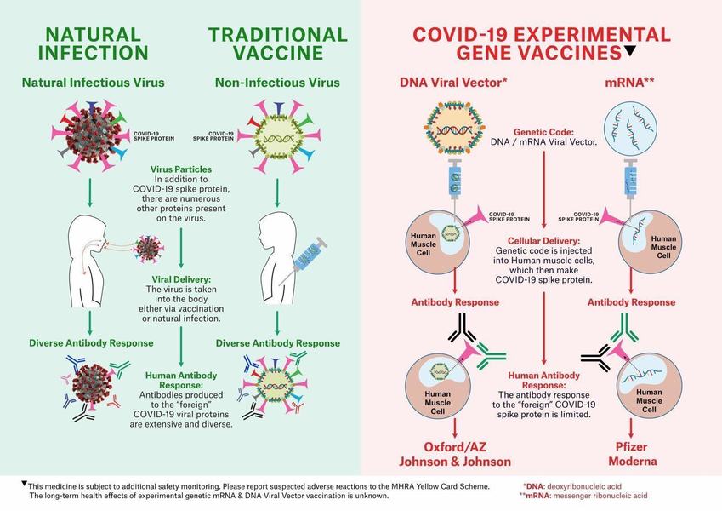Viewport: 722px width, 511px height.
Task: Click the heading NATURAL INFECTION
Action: coord(93,43)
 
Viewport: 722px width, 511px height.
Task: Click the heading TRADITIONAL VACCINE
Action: coord(278,43)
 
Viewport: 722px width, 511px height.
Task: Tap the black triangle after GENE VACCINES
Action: coord(629,51)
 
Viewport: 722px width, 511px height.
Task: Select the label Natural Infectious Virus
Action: coord(93,83)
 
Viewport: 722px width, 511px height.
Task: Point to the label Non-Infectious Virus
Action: coord(278,83)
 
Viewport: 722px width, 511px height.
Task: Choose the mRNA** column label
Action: coord(630,83)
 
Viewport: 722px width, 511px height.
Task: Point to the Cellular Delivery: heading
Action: coord(543,240)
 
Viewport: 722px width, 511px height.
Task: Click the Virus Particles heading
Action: coord(180,169)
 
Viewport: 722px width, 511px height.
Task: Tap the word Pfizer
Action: coord(630,445)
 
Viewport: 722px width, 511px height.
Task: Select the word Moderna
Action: coord(630,461)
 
